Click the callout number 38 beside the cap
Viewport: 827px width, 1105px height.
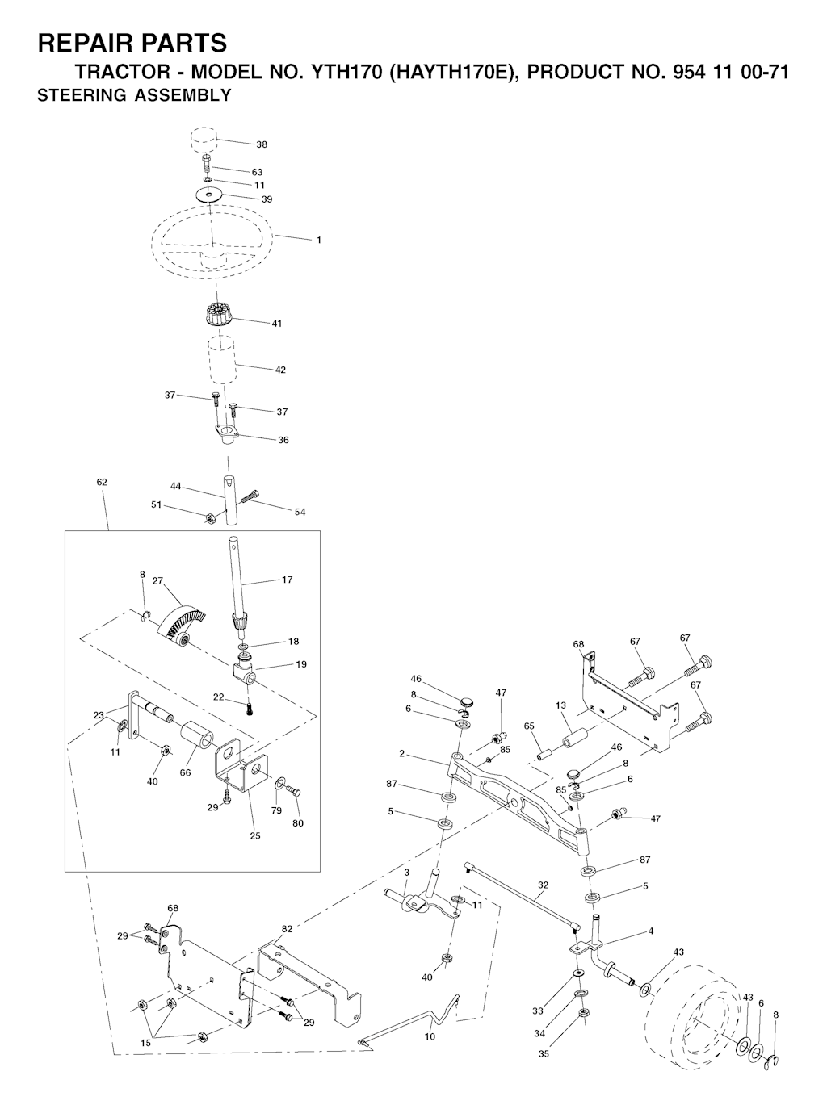pos(262,144)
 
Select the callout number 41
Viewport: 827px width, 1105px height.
pos(277,324)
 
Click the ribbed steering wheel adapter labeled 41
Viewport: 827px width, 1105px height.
pos(217,315)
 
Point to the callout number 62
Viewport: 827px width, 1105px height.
pos(102,482)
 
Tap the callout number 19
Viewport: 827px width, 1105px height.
pos(301,664)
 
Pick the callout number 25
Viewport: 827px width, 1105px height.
pos(255,836)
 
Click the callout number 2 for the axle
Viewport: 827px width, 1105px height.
pos(401,754)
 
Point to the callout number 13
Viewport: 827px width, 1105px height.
pos(561,705)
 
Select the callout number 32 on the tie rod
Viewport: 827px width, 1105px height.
pos(543,885)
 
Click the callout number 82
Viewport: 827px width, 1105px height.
pos(287,929)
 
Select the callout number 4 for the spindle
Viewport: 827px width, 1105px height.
pos(651,931)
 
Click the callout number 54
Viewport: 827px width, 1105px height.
pos(300,512)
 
